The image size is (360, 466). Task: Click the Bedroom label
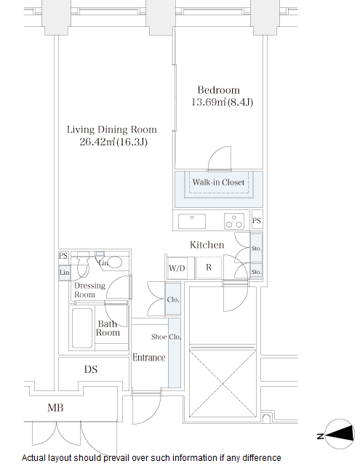218,90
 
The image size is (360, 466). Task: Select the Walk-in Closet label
218,182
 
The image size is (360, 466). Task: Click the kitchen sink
192,221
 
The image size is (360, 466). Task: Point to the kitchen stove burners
234,221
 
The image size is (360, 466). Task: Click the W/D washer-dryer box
177,268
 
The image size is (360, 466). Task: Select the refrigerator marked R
209,268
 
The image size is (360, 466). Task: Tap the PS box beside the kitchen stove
257,220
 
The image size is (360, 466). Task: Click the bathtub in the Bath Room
82,328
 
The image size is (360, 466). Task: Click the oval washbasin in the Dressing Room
114,262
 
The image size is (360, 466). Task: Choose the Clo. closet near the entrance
173,299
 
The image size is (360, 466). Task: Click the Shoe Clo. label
166,337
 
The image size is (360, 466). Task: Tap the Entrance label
149,357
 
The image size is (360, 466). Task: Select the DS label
91,369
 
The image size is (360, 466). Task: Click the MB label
55,408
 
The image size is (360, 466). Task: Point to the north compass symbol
339,435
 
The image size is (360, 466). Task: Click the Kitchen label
207,245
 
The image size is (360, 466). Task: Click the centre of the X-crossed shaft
223,384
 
